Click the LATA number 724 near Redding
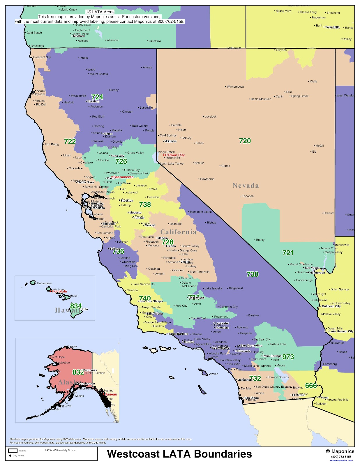click(97, 97)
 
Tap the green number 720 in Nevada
click(245, 141)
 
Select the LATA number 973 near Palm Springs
click(288, 357)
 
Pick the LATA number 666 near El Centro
click(311, 386)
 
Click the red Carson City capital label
click(175, 155)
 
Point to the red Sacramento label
click(123, 177)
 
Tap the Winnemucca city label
click(235, 87)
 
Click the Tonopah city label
click(248, 196)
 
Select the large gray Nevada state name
click(246, 186)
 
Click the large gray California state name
click(178, 232)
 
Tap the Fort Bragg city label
click(52, 144)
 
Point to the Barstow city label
click(253, 315)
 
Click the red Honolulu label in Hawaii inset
click(59, 291)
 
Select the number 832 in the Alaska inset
click(78, 372)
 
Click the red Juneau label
click(111, 394)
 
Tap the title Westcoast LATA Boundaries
click(179, 454)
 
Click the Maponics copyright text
click(340, 451)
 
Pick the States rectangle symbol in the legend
click(13, 450)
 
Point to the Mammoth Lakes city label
click(201, 212)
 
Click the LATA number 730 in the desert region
click(252, 274)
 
